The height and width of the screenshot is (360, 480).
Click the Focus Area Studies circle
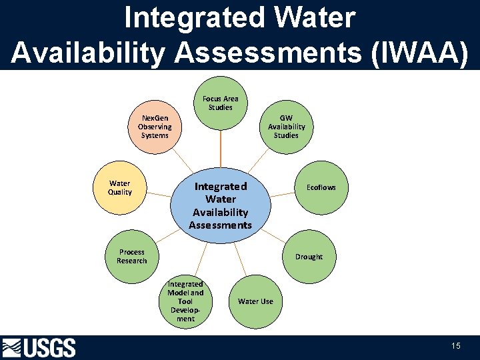(220, 103)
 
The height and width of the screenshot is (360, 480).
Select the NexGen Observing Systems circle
(155, 127)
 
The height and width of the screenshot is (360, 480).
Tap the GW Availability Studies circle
(286, 127)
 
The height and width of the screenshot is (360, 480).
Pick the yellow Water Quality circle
(120, 187)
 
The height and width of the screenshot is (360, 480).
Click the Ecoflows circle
(321, 187)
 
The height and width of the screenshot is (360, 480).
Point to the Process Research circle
(132, 257)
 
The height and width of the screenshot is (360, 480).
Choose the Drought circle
(309, 257)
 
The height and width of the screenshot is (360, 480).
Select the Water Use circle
(255, 301)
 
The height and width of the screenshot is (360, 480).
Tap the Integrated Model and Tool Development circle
(185, 301)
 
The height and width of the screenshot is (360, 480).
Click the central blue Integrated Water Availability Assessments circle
(221, 205)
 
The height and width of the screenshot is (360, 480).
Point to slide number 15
(456, 346)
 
